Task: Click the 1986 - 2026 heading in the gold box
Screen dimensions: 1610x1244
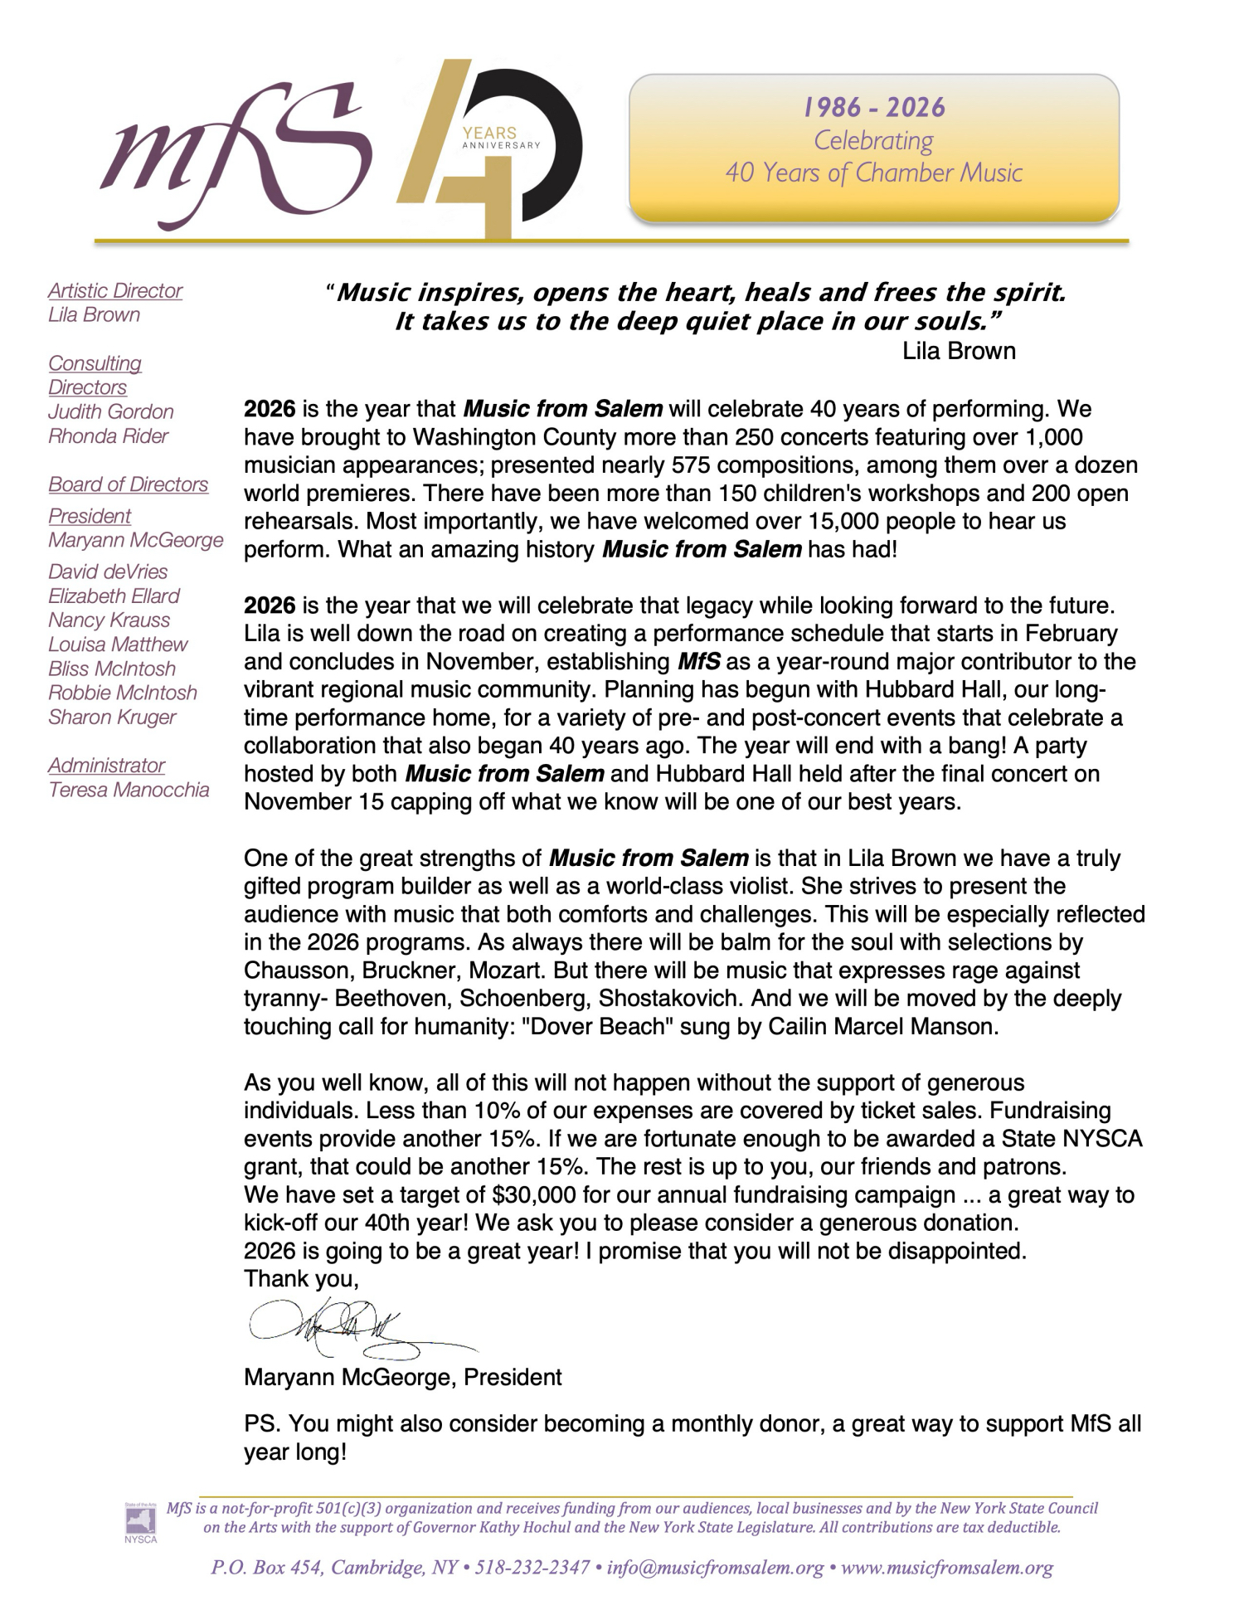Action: pos(873,108)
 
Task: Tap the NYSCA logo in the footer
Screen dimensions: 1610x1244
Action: pos(134,1522)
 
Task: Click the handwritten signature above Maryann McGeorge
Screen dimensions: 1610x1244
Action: pos(348,1326)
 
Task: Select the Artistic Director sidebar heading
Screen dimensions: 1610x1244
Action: pos(115,290)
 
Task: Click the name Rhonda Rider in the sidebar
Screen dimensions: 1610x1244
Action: pos(108,436)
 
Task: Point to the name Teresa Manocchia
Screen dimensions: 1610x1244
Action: pos(129,790)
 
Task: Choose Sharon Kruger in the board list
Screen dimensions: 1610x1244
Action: pos(112,717)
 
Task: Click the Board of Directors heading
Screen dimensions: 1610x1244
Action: pos(128,484)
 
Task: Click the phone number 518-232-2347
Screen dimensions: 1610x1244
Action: pos(532,1568)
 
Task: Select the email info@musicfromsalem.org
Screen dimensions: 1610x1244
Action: pos(716,1568)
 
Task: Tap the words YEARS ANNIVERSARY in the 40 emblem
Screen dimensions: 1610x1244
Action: pos(498,139)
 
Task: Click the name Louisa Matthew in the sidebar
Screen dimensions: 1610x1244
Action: pos(118,644)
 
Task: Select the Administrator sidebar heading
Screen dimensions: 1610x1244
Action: pos(106,766)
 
